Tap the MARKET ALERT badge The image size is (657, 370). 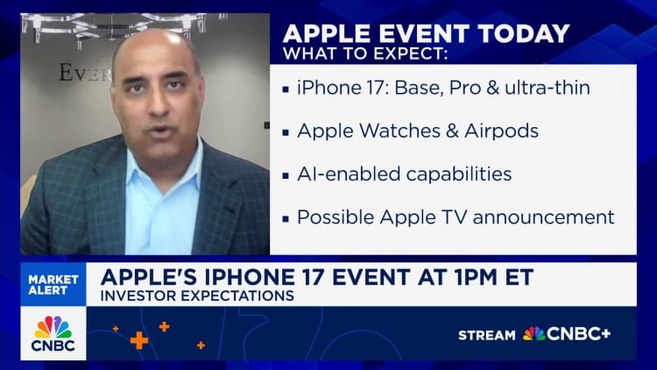point(53,286)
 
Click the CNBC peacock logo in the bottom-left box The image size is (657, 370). point(53,328)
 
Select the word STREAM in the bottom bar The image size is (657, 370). point(487,335)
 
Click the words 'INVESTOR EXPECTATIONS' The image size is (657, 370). point(197,296)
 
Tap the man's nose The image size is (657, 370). point(155,98)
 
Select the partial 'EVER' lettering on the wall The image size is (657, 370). point(83,72)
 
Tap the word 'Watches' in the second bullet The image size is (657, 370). point(392,132)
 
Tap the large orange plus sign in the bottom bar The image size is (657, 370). point(138,340)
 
